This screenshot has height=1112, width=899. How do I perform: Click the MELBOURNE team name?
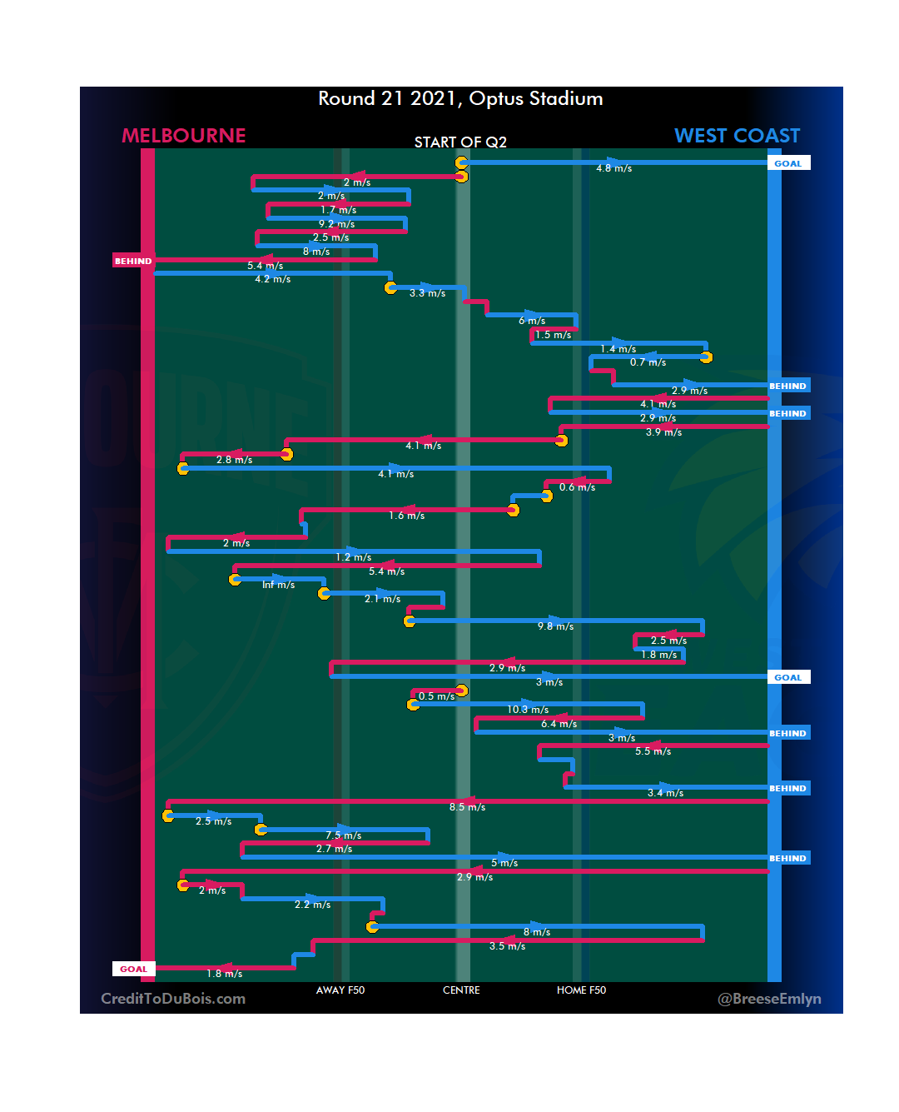[x=184, y=136]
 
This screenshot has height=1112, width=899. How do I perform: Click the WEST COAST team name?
[x=737, y=136]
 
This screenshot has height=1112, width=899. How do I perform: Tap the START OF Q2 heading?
[x=460, y=142]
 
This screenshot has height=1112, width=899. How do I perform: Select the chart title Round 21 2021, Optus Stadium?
[x=460, y=98]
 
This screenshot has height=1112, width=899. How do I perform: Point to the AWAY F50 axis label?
[x=340, y=990]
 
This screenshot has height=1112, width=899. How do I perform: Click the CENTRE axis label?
[x=461, y=990]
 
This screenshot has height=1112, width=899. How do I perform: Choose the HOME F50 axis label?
[x=581, y=990]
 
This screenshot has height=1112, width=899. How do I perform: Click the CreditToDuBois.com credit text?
[x=173, y=999]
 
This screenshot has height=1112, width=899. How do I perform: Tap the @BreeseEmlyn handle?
[x=769, y=999]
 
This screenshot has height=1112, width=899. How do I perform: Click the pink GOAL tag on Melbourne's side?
[x=133, y=969]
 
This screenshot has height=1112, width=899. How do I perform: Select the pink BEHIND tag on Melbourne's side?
[x=133, y=261]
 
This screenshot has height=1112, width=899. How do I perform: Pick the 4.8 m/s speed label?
[x=613, y=168]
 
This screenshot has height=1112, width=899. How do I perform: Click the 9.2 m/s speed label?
[x=336, y=224]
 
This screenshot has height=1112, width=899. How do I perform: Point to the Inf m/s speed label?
[x=278, y=585]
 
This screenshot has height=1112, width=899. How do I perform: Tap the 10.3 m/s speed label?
[x=528, y=710]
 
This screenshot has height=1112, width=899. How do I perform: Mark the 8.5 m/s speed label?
[x=467, y=807]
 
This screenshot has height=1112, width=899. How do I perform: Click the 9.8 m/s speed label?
[x=555, y=626]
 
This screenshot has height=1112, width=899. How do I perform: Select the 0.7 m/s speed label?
[x=648, y=362]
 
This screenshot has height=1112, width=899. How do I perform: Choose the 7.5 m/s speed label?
[x=343, y=835]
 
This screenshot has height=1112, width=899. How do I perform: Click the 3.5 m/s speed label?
[x=507, y=946]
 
